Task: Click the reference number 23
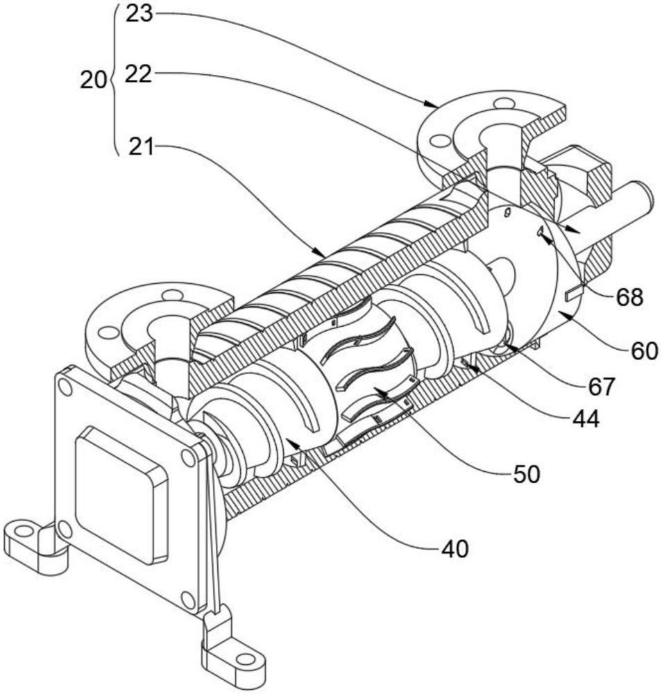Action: point(139,14)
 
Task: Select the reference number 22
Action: point(138,74)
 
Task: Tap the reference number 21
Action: point(142,146)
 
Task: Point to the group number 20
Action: point(94,81)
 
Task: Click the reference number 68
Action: point(629,298)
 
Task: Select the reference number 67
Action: point(602,387)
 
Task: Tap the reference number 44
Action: point(586,418)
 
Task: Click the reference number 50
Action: point(527,474)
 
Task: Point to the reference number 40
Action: point(455,549)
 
